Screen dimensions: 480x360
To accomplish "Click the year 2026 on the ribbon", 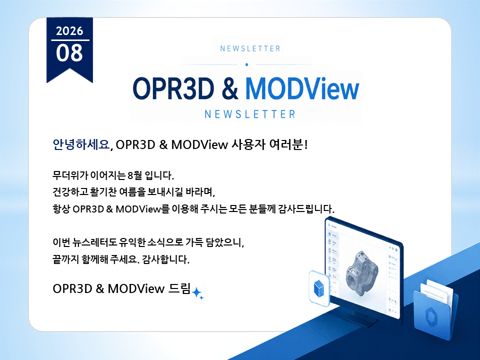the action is tap(69, 31).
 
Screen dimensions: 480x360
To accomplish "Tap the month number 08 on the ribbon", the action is tap(69, 52).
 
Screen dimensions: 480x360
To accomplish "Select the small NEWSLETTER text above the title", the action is tap(250, 48).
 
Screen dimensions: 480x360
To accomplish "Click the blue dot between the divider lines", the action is tap(246, 64).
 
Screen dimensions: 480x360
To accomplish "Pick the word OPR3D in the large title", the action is tap(173, 88).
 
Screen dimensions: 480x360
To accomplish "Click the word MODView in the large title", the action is tap(302, 88).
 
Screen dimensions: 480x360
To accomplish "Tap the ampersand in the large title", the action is tap(229, 88).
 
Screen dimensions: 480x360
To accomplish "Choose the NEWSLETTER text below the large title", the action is tap(250, 114).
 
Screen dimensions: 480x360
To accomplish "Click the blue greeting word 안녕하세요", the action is tap(81, 144).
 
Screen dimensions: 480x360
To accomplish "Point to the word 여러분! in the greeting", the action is tap(288, 144).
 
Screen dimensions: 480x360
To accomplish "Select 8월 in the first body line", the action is tap(134, 175).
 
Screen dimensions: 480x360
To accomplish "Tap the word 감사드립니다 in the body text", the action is tap(306, 209).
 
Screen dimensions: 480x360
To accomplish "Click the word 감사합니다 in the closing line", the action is tap(165, 259).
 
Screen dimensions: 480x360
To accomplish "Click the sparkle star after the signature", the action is tap(197, 293).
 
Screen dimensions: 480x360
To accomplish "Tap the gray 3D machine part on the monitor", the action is tap(362, 273).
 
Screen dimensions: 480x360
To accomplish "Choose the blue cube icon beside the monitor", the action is tap(319, 288).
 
